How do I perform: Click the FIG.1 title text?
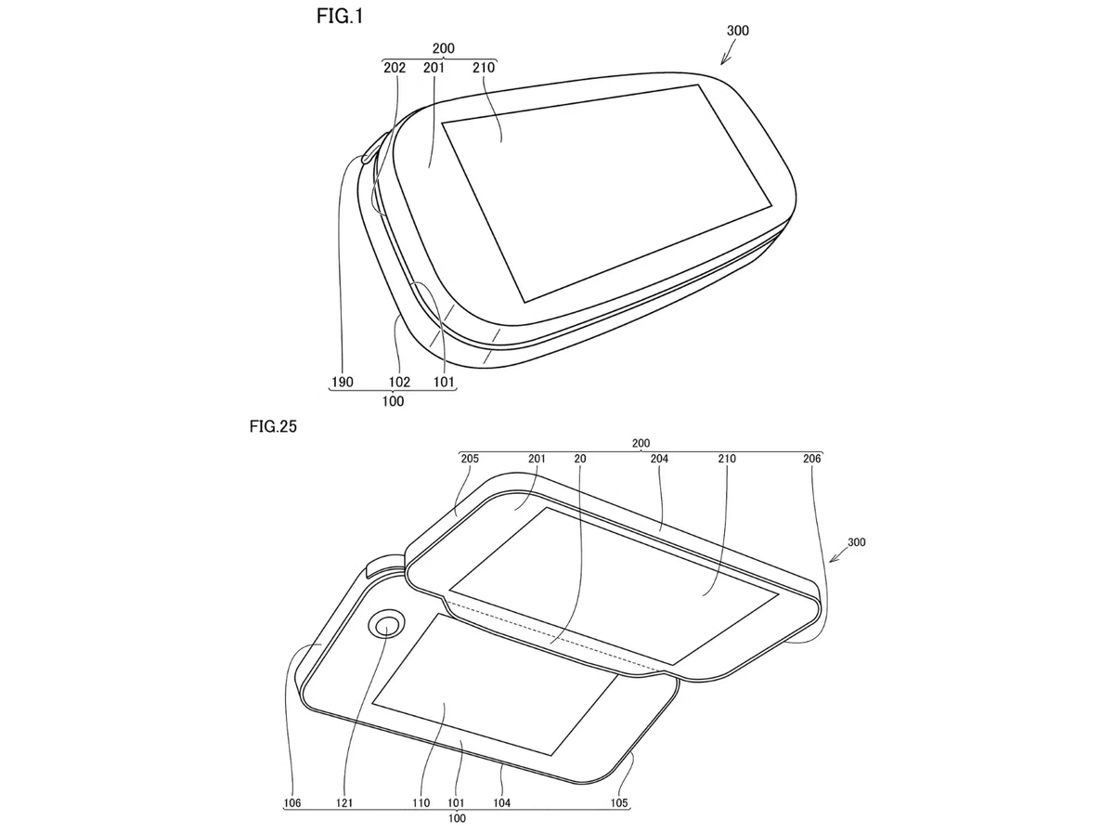[x=340, y=16]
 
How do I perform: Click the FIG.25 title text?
[x=273, y=426]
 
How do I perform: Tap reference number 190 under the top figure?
[x=342, y=382]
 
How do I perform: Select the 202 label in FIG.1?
[x=395, y=68]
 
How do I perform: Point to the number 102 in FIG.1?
[x=399, y=382]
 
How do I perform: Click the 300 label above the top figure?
[x=737, y=31]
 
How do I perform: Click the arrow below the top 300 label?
[x=728, y=54]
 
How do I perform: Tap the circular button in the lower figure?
[x=386, y=625]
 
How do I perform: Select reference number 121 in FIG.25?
[x=344, y=803]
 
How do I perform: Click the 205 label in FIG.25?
[x=470, y=459]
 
